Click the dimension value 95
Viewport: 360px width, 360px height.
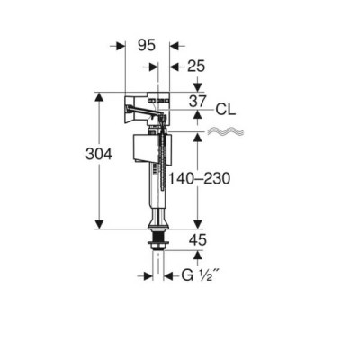(x=147, y=46)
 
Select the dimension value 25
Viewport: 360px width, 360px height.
(x=196, y=67)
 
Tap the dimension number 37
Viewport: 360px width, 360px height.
(x=198, y=102)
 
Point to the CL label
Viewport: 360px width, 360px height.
(x=226, y=110)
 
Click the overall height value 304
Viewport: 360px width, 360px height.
(x=99, y=154)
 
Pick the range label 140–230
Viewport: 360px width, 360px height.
(x=199, y=179)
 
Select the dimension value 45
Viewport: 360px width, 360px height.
(x=198, y=240)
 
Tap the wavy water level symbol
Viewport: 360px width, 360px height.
(x=226, y=131)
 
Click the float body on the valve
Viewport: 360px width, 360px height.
(x=152, y=149)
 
